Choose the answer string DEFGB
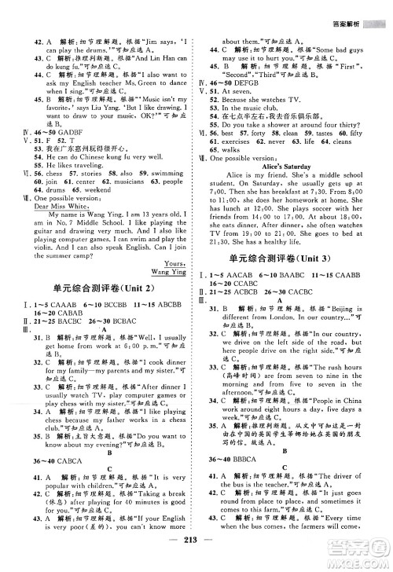point(261,83)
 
